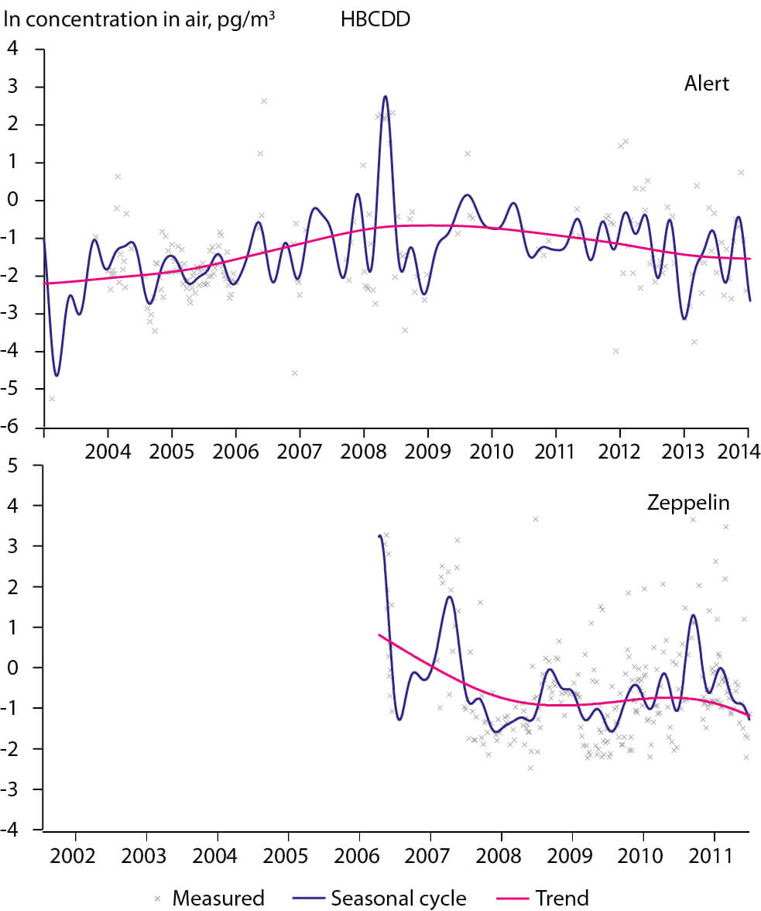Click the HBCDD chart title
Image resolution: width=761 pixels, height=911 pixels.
[x=375, y=19]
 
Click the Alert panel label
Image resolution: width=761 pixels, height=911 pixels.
[x=705, y=84]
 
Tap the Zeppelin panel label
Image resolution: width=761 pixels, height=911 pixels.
[x=688, y=504]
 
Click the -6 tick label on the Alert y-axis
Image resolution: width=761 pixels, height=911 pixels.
[x=23, y=428]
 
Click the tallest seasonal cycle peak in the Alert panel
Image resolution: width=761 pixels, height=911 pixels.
[x=385, y=97]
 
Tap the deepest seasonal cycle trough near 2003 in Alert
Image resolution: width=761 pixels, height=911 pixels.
[x=57, y=376]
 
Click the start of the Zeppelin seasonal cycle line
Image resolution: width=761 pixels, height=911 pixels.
[x=379, y=536]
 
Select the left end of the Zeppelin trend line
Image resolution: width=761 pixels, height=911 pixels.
[x=379, y=634]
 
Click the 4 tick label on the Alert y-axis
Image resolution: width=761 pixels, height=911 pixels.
[x=27, y=50]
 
